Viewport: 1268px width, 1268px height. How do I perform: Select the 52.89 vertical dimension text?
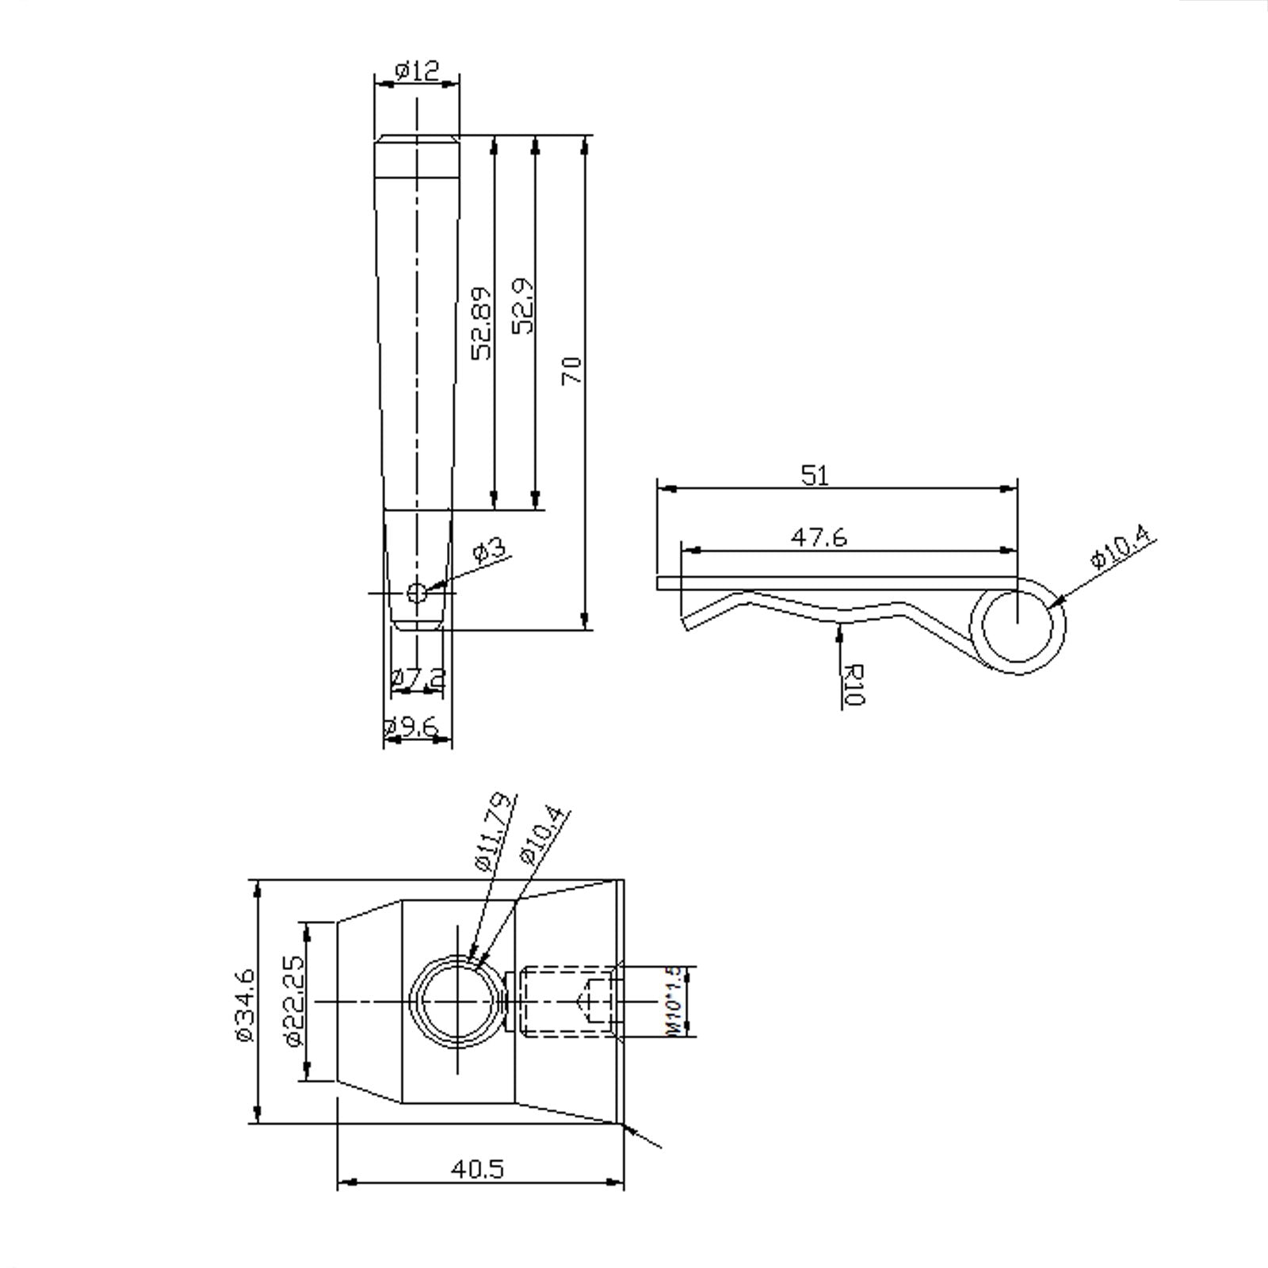click(482, 323)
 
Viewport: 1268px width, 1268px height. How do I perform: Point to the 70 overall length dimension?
click(571, 371)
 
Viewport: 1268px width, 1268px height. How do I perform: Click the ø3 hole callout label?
click(489, 550)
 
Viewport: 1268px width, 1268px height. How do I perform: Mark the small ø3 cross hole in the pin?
click(416, 592)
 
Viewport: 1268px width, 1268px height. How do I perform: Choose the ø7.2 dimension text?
click(418, 678)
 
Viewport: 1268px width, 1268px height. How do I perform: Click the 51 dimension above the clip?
click(815, 475)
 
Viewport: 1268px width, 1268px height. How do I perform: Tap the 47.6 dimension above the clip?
click(819, 537)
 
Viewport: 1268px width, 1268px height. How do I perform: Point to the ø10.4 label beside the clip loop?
click(1121, 547)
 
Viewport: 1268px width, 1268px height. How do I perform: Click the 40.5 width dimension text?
click(477, 1169)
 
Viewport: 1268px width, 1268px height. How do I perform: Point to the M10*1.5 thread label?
click(673, 1000)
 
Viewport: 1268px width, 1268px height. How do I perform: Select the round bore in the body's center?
click(456, 1002)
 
